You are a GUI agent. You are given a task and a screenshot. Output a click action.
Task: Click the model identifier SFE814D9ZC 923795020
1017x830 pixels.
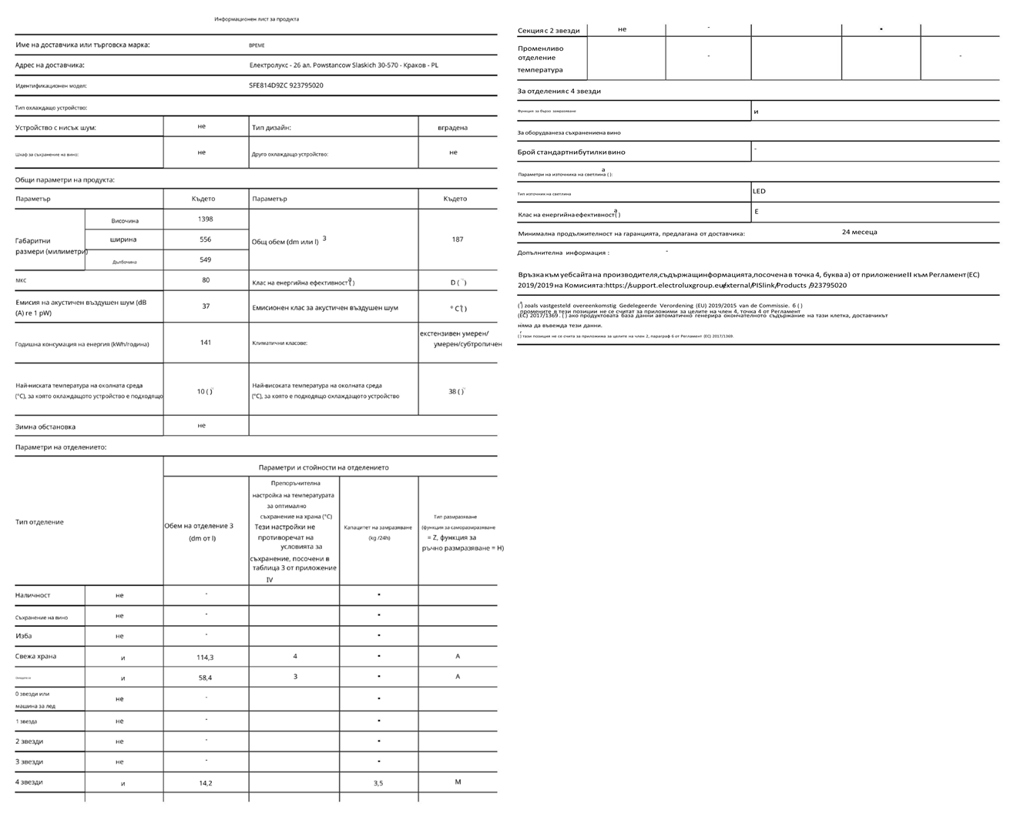[x=286, y=85]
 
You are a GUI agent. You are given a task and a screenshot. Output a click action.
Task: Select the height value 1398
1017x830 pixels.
[x=205, y=219]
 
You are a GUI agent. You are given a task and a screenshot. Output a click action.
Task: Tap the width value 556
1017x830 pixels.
[x=205, y=239]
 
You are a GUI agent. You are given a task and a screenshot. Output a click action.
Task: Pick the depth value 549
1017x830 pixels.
[x=205, y=259]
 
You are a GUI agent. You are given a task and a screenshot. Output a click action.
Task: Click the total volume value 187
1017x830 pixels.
[x=458, y=239]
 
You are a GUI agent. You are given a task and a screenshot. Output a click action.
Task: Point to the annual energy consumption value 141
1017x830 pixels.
[x=205, y=343]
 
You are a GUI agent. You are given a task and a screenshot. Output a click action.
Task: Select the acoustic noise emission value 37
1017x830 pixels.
[x=206, y=306]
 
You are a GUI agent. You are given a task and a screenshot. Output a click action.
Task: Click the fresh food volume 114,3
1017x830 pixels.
[x=205, y=657]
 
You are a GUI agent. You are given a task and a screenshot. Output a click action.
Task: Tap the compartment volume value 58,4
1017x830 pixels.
[x=205, y=678]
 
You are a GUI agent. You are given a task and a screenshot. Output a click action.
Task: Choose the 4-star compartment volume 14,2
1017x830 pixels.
[x=205, y=783]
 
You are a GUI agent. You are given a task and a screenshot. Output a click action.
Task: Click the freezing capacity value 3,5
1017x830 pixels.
[x=378, y=783]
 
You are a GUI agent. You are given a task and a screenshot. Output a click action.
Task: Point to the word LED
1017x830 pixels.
[x=760, y=191]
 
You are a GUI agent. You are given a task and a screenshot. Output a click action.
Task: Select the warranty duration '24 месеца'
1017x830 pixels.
[x=859, y=232]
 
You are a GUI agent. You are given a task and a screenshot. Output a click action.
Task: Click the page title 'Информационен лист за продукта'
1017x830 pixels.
[x=257, y=19]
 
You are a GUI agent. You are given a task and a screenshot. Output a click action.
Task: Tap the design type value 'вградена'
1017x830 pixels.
[x=452, y=128]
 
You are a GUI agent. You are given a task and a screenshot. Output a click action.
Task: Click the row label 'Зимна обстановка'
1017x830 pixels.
[x=45, y=427]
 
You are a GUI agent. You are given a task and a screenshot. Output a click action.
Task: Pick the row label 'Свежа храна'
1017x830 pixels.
[x=35, y=657]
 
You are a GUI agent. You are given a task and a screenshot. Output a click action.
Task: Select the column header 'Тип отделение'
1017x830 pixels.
[x=39, y=522]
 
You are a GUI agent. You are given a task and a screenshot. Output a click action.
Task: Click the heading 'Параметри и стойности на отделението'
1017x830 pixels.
[x=324, y=467]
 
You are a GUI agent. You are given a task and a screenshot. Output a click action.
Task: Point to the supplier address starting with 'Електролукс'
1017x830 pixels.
[x=344, y=65]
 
